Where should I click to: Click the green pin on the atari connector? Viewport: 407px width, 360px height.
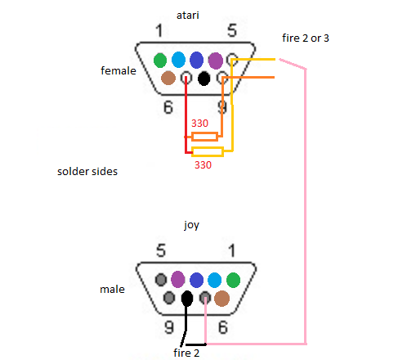click(x=160, y=61)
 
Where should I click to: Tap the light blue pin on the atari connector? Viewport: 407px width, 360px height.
click(x=178, y=60)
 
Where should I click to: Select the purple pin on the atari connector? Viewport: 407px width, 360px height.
click(x=216, y=61)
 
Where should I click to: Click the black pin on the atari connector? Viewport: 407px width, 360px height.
click(x=203, y=79)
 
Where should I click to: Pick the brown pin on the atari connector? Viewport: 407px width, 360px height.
click(x=168, y=78)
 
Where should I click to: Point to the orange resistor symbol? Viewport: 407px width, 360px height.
click(x=204, y=137)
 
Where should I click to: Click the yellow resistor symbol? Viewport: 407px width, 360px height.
click(x=208, y=151)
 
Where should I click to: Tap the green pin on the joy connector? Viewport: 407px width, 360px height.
click(x=233, y=280)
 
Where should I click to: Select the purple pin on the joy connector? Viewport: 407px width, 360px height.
click(x=177, y=279)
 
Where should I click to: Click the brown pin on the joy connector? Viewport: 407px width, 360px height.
click(x=221, y=299)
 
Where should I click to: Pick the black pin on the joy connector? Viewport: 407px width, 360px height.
click(x=187, y=298)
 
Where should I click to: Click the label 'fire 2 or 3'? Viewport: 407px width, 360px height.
click(x=306, y=38)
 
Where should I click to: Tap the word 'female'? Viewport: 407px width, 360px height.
click(x=119, y=70)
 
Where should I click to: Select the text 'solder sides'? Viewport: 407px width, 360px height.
click(x=87, y=171)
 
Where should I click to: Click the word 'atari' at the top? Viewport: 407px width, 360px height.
click(x=188, y=15)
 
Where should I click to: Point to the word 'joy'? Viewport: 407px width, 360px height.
click(x=191, y=226)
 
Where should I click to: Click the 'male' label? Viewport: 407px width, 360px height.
click(x=112, y=289)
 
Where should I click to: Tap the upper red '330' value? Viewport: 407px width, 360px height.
click(x=199, y=124)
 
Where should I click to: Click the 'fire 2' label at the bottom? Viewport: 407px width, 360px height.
click(x=186, y=353)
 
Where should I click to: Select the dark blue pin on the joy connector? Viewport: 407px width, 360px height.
click(x=196, y=280)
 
